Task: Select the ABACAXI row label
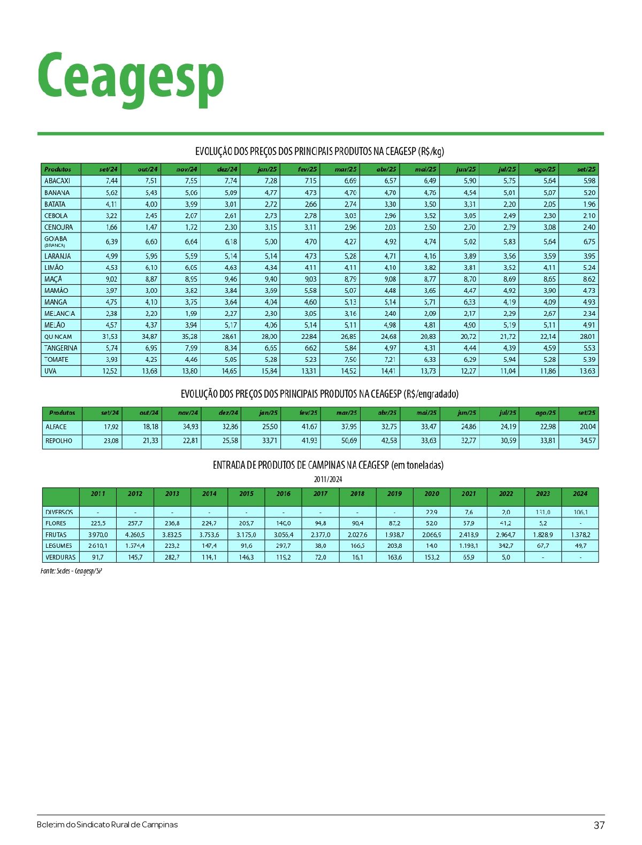point(57,181)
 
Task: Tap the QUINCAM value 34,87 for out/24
point(149,337)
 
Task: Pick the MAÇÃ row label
point(53,279)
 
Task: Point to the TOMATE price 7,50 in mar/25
point(349,360)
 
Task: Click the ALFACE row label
point(56,427)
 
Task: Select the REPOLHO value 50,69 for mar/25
point(349,441)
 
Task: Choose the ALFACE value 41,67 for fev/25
point(309,427)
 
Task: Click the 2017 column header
point(320,494)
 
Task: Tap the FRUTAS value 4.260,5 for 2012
point(135,534)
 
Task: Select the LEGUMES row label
point(59,546)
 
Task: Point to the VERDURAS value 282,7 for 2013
point(172,557)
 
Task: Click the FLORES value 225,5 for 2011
point(98,523)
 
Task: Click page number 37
point(599,825)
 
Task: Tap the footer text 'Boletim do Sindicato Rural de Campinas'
point(108,825)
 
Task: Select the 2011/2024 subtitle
point(328,479)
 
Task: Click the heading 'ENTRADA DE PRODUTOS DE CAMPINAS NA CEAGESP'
point(328,465)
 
